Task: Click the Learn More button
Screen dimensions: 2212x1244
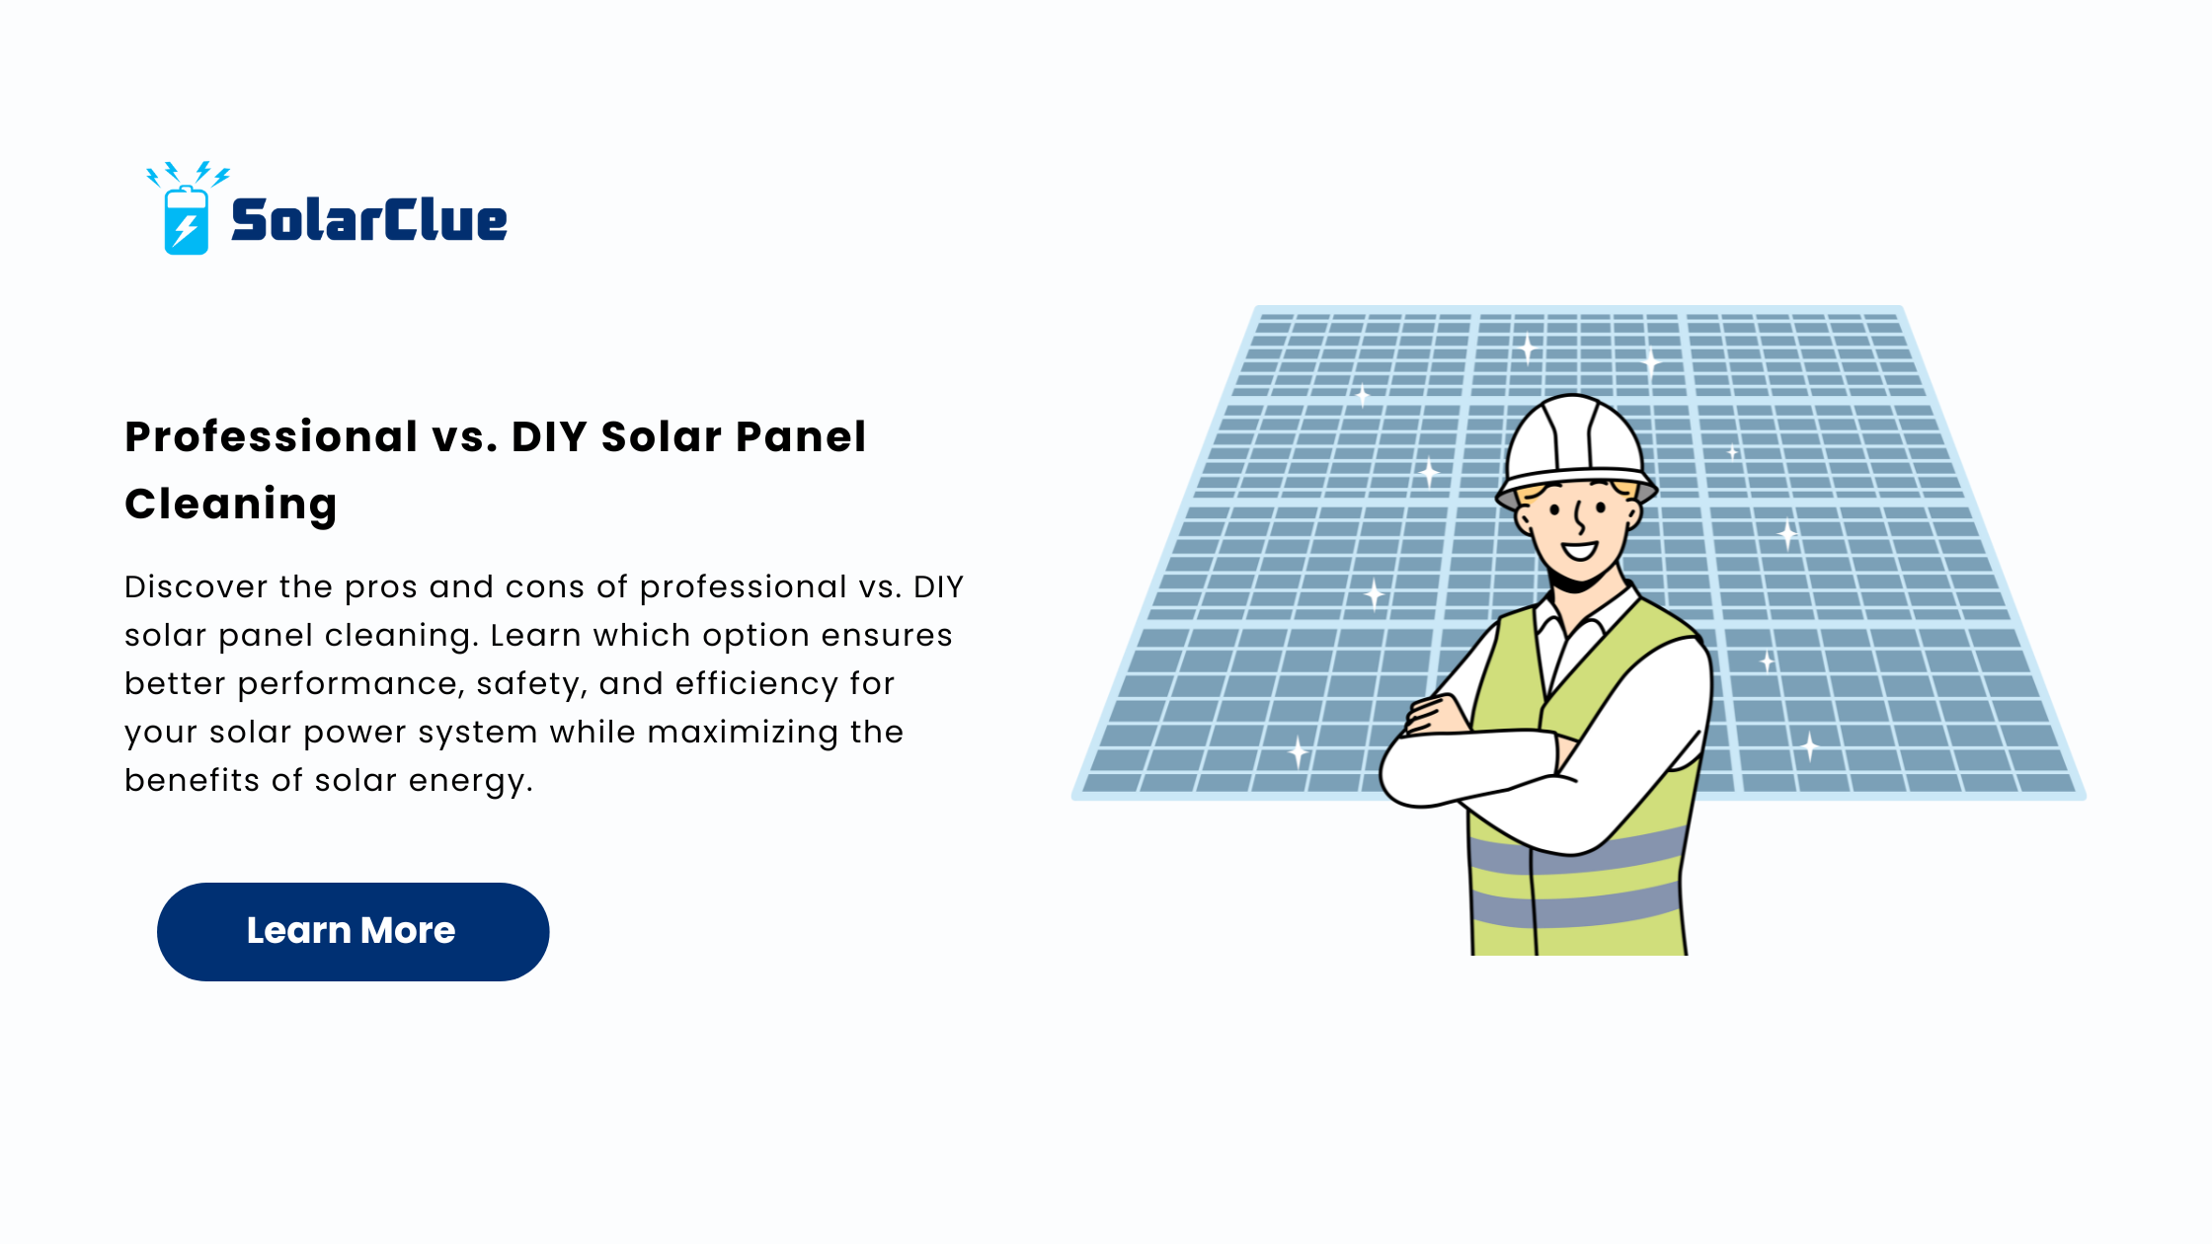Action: coord(353,931)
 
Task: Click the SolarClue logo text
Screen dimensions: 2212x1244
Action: coord(369,219)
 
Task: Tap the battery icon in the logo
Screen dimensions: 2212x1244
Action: coord(186,220)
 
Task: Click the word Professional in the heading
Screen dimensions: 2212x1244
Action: coord(272,437)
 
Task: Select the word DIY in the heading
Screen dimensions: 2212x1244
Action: coord(549,436)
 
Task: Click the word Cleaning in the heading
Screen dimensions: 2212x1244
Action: coord(231,505)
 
